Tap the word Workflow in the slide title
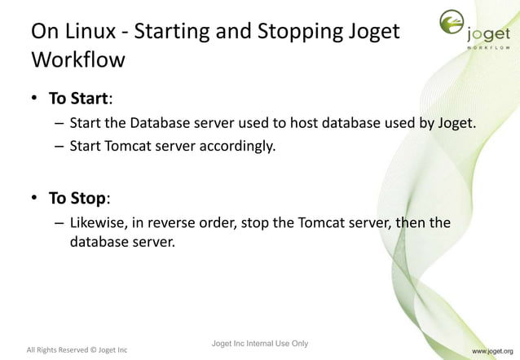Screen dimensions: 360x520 (x=77, y=60)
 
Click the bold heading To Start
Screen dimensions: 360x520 (x=78, y=99)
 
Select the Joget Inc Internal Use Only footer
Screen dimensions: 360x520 (x=259, y=343)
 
